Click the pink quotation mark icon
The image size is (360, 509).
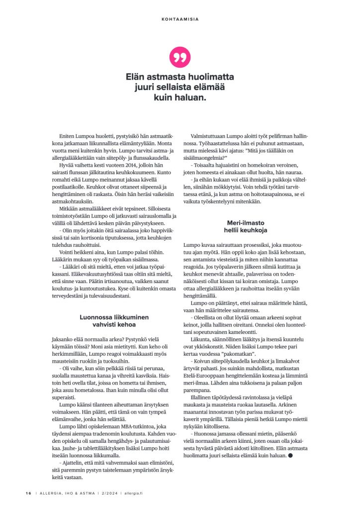(x=180, y=58)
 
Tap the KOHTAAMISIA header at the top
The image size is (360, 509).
(x=180, y=19)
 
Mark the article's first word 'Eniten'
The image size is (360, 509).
(x=66, y=136)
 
